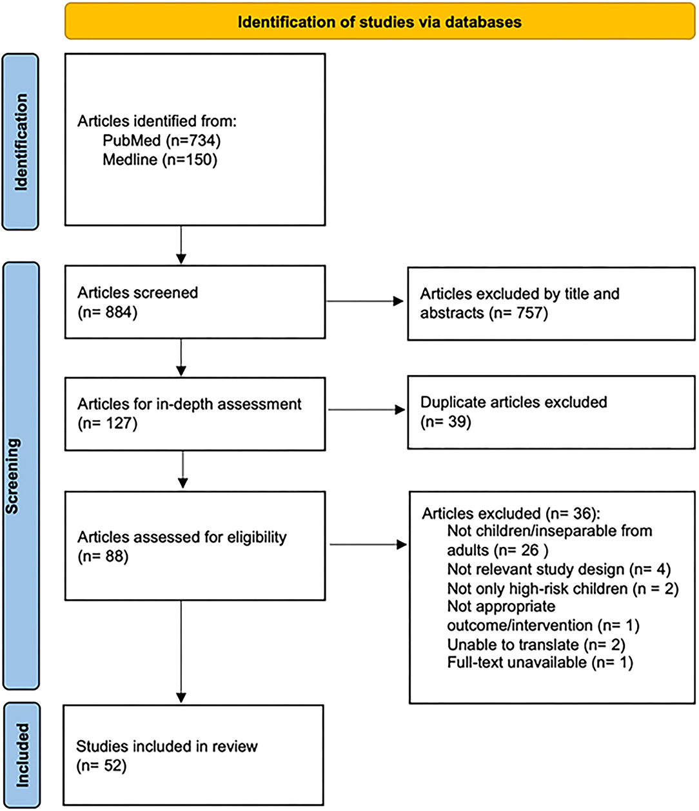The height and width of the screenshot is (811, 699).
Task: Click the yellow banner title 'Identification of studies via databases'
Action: click(x=379, y=22)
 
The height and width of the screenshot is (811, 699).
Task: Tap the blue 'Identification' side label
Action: click(x=21, y=142)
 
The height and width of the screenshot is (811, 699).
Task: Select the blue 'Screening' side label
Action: click(x=12, y=475)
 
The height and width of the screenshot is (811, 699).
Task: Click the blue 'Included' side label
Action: click(x=23, y=755)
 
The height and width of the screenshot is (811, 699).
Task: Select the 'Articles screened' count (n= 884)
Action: click(x=108, y=312)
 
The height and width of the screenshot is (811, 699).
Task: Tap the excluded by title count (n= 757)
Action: click(x=518, y=313)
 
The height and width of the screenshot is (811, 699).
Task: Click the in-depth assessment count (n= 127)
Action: click(x=108, y=423)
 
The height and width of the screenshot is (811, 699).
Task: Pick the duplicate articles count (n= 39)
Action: click(x=446, y=422)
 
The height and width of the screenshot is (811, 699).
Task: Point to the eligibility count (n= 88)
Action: click(x=103, y=556)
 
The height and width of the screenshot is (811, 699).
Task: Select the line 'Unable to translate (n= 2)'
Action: click(x=536, y=645)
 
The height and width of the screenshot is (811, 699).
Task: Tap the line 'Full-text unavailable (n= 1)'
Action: click(x=540, y=662)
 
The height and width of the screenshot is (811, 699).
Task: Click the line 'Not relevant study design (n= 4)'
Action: click(x=559, y=569)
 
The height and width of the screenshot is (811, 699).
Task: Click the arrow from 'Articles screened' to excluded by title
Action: click(x=365, y=301)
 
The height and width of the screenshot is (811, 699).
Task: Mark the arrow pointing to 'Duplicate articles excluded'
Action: click(x=366, y=410)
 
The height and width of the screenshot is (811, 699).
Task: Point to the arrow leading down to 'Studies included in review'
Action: click(x=181, y=652)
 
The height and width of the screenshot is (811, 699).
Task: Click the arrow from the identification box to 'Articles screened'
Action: click(x=181, y=245)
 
